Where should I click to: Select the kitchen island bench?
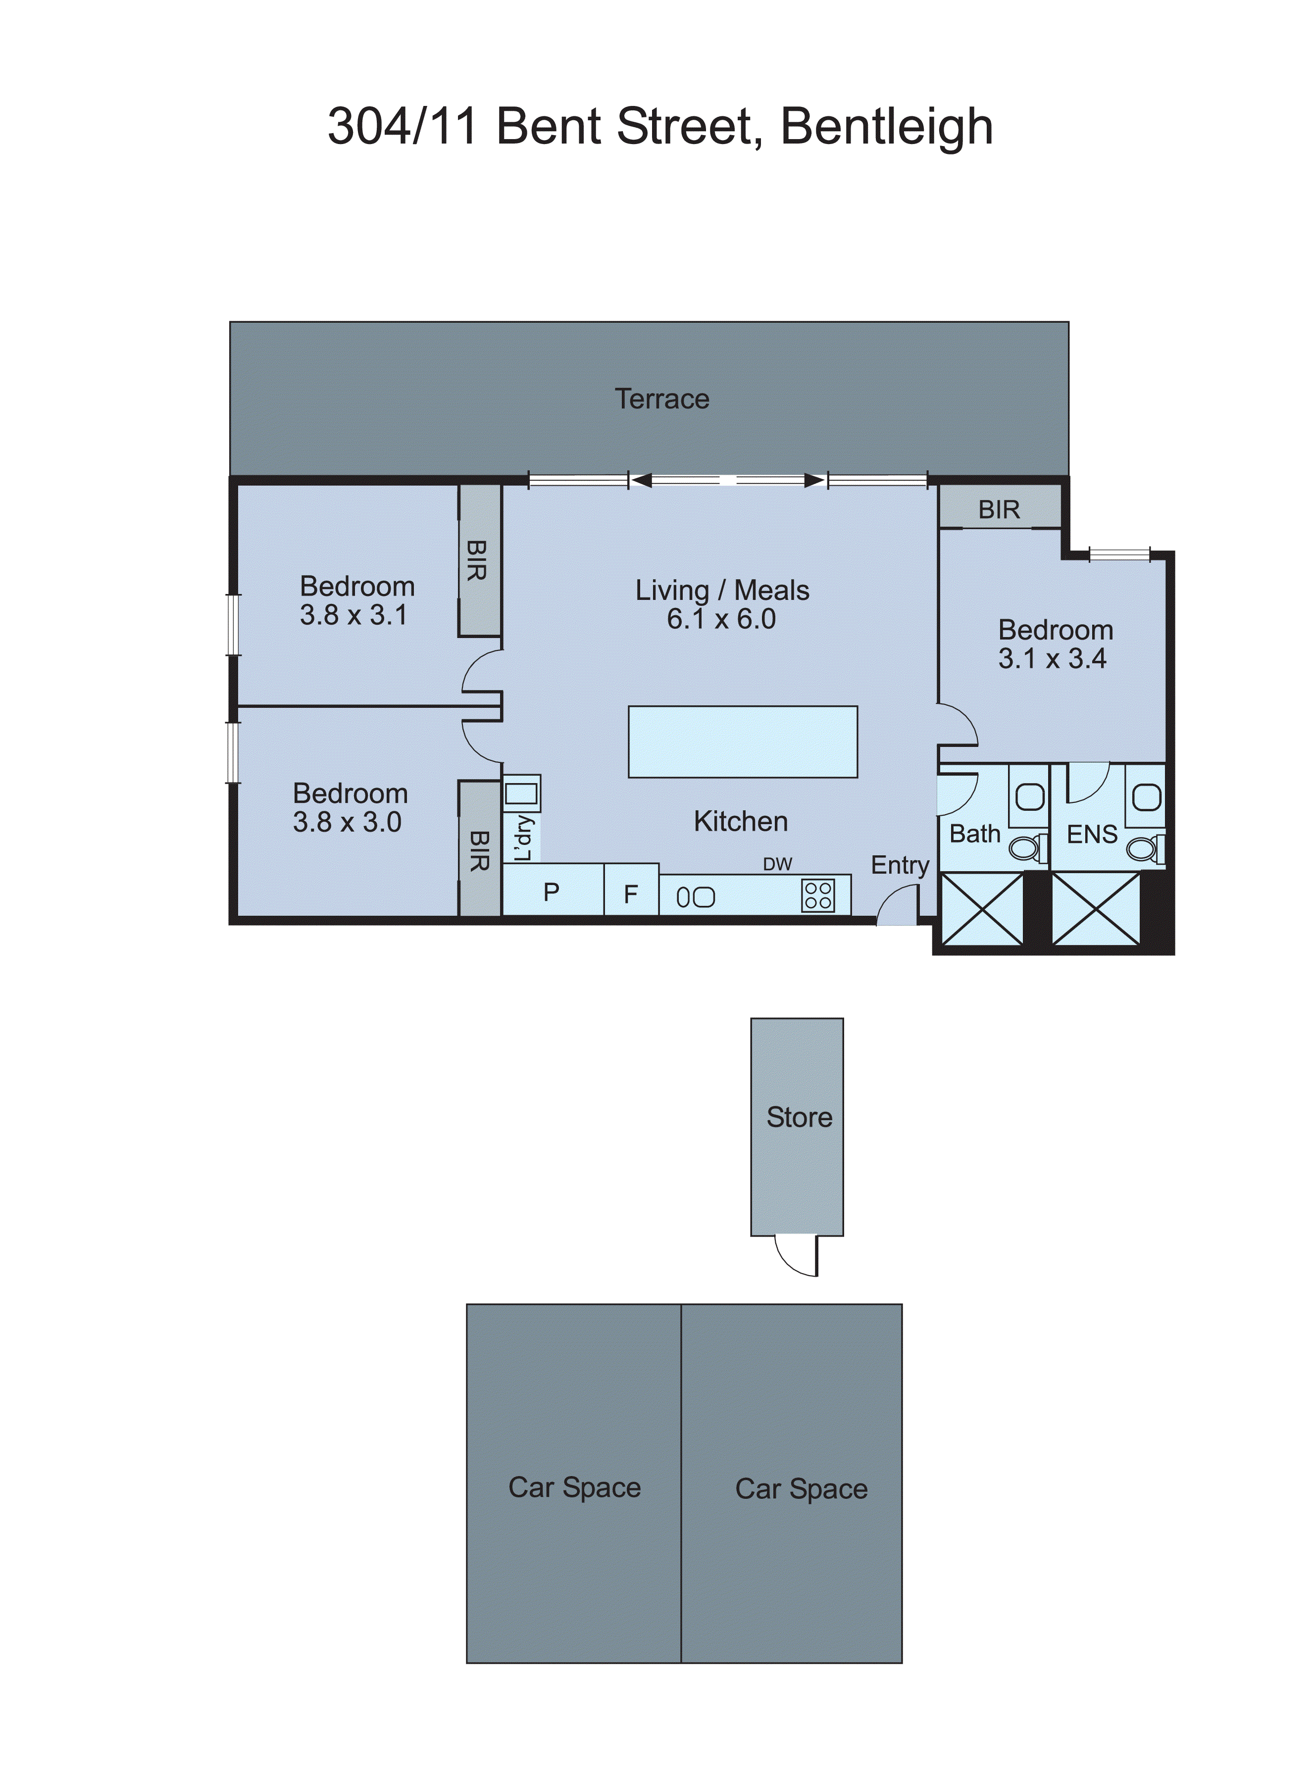point(743,742)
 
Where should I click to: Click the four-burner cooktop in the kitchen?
point(818,895)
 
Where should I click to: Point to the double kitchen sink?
point(696,897)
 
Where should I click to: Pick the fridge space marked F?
point(631,890)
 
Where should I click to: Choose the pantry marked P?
point(553,890)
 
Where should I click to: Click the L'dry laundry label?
point(523,838)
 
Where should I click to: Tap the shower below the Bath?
point(982,909)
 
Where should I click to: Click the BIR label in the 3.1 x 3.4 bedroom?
point(999,510)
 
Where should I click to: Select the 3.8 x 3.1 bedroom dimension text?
point(353,614)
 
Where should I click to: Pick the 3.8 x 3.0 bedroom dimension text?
point(347,822)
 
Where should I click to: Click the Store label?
point(799,1117)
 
